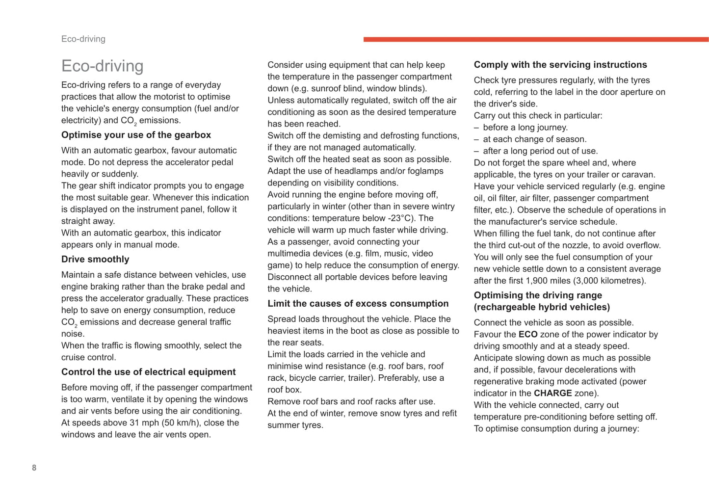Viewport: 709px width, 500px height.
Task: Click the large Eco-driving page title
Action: point(102,66)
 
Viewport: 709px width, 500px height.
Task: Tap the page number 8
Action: point(34,468)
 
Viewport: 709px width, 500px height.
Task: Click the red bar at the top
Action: point(536,39)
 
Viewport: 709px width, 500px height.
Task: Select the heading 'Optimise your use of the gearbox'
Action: point(136,135)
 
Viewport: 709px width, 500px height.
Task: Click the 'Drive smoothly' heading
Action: point(95,259)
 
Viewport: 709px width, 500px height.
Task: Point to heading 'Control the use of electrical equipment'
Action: point(148,372)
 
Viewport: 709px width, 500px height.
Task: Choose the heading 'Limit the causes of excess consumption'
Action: point(358,304)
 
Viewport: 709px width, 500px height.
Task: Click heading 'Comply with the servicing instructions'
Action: point(560,65)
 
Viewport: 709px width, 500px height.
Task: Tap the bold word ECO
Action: point(528,335)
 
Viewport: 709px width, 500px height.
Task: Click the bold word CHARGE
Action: point(552,394)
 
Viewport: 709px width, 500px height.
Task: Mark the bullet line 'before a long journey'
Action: point(525,128)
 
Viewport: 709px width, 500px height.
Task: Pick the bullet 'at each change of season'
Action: point(534,139)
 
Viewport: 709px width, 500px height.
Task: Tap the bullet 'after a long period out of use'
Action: point(540,151)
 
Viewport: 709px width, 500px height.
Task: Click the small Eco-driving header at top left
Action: point(83,39)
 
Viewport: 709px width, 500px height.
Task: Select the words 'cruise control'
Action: point(88,358)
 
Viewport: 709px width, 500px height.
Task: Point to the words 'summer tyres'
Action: point(295,425)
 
